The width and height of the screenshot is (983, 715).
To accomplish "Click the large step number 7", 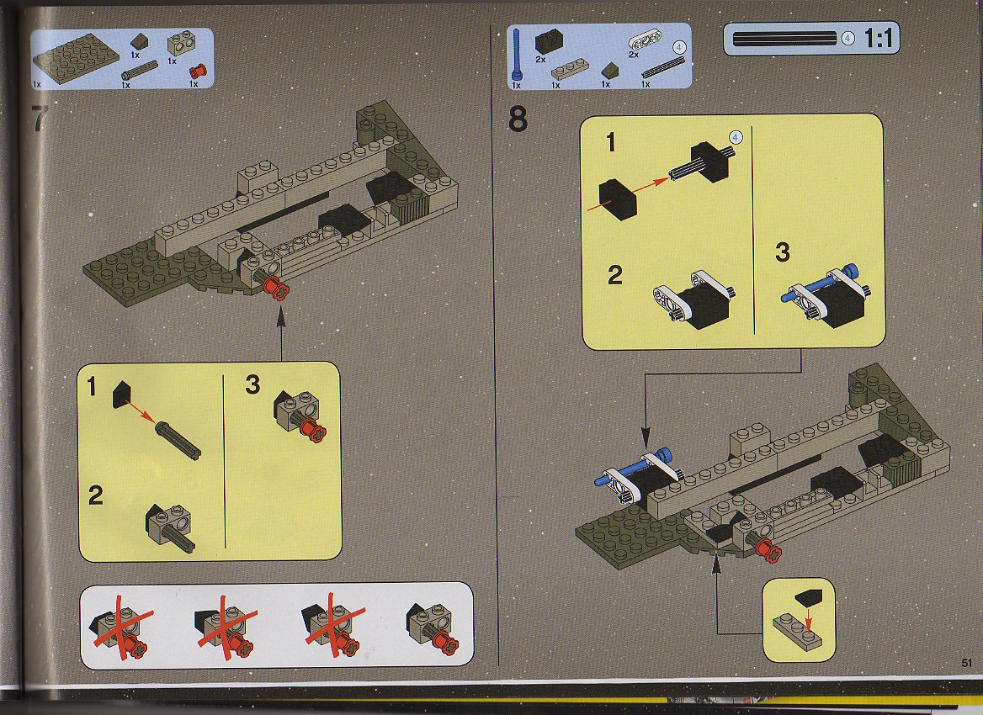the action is pos(40,119).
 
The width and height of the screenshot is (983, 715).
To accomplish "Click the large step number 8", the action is pos(518,119).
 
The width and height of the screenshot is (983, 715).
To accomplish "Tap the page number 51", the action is pos(965,662).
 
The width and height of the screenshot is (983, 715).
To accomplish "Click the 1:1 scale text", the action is pos(878,39).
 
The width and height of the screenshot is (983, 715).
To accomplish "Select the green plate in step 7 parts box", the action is pos(76,60).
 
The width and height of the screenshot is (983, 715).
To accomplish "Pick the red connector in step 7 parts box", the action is pos(197,70).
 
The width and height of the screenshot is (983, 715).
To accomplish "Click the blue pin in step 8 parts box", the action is pos(517,56).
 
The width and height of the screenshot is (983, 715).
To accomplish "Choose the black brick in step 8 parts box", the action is pos(549,42).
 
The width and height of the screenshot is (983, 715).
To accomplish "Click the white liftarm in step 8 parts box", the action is pos(643,43).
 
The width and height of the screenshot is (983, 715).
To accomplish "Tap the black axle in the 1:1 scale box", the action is pos(784,39).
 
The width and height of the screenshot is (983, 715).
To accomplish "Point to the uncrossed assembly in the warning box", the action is pos(433,628).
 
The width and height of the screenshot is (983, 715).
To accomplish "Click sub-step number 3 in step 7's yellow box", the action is pos(252,384).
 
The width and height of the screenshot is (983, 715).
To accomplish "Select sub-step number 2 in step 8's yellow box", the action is pos(614,275).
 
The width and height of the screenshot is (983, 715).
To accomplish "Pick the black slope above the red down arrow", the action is pos(807,596).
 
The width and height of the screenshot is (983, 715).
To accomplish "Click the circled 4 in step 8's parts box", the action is pos(679,48).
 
